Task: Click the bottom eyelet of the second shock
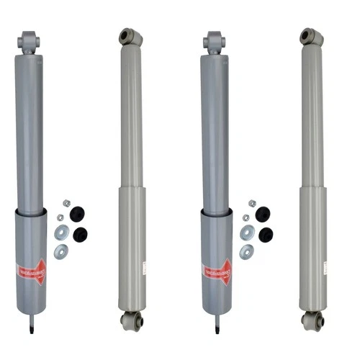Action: [131, 320]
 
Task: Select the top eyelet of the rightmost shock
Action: [312, 35]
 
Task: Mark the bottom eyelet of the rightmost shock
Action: [312, 320]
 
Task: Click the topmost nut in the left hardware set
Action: [67, 204]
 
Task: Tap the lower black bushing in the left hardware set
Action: [80, 235]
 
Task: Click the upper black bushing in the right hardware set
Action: [263, 214]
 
